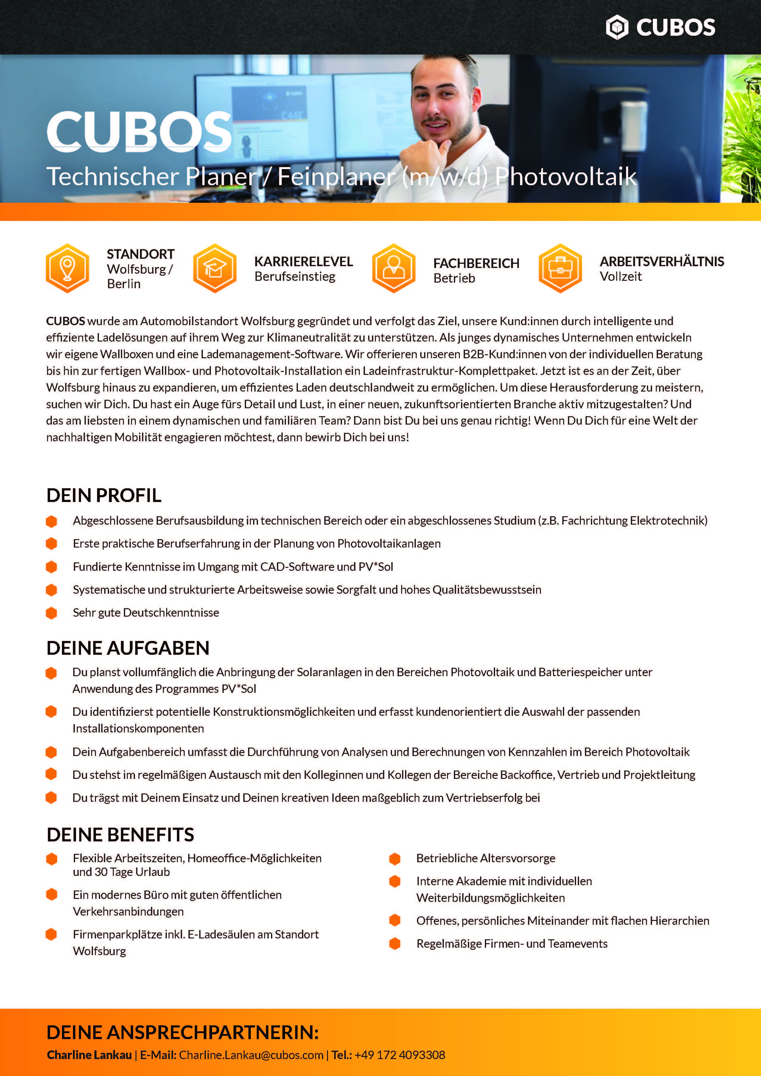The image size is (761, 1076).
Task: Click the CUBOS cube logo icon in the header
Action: [617, 27]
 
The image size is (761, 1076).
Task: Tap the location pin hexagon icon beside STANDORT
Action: [68, 268]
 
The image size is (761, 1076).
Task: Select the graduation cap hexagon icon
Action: [215, 268]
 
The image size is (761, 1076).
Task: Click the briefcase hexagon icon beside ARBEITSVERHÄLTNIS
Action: [560, 268]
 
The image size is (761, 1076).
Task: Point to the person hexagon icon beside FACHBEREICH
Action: [394, 268]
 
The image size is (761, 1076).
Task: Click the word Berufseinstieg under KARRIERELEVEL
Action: [295, 277]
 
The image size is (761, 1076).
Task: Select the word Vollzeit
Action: [620, 277]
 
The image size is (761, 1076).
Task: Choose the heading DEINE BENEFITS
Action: [120, 835]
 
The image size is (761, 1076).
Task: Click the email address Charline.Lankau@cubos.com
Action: [251, 1055]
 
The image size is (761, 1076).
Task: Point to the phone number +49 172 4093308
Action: [399, 1055]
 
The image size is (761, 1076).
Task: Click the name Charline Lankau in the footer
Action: [89, 1055]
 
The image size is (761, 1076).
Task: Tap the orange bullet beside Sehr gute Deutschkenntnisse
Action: [52, 613]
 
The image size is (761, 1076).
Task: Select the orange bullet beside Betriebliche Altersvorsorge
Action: [395, 859]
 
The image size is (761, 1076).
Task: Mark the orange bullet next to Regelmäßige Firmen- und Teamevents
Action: [395, 944]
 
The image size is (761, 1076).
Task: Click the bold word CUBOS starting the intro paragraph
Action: [65, 321]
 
